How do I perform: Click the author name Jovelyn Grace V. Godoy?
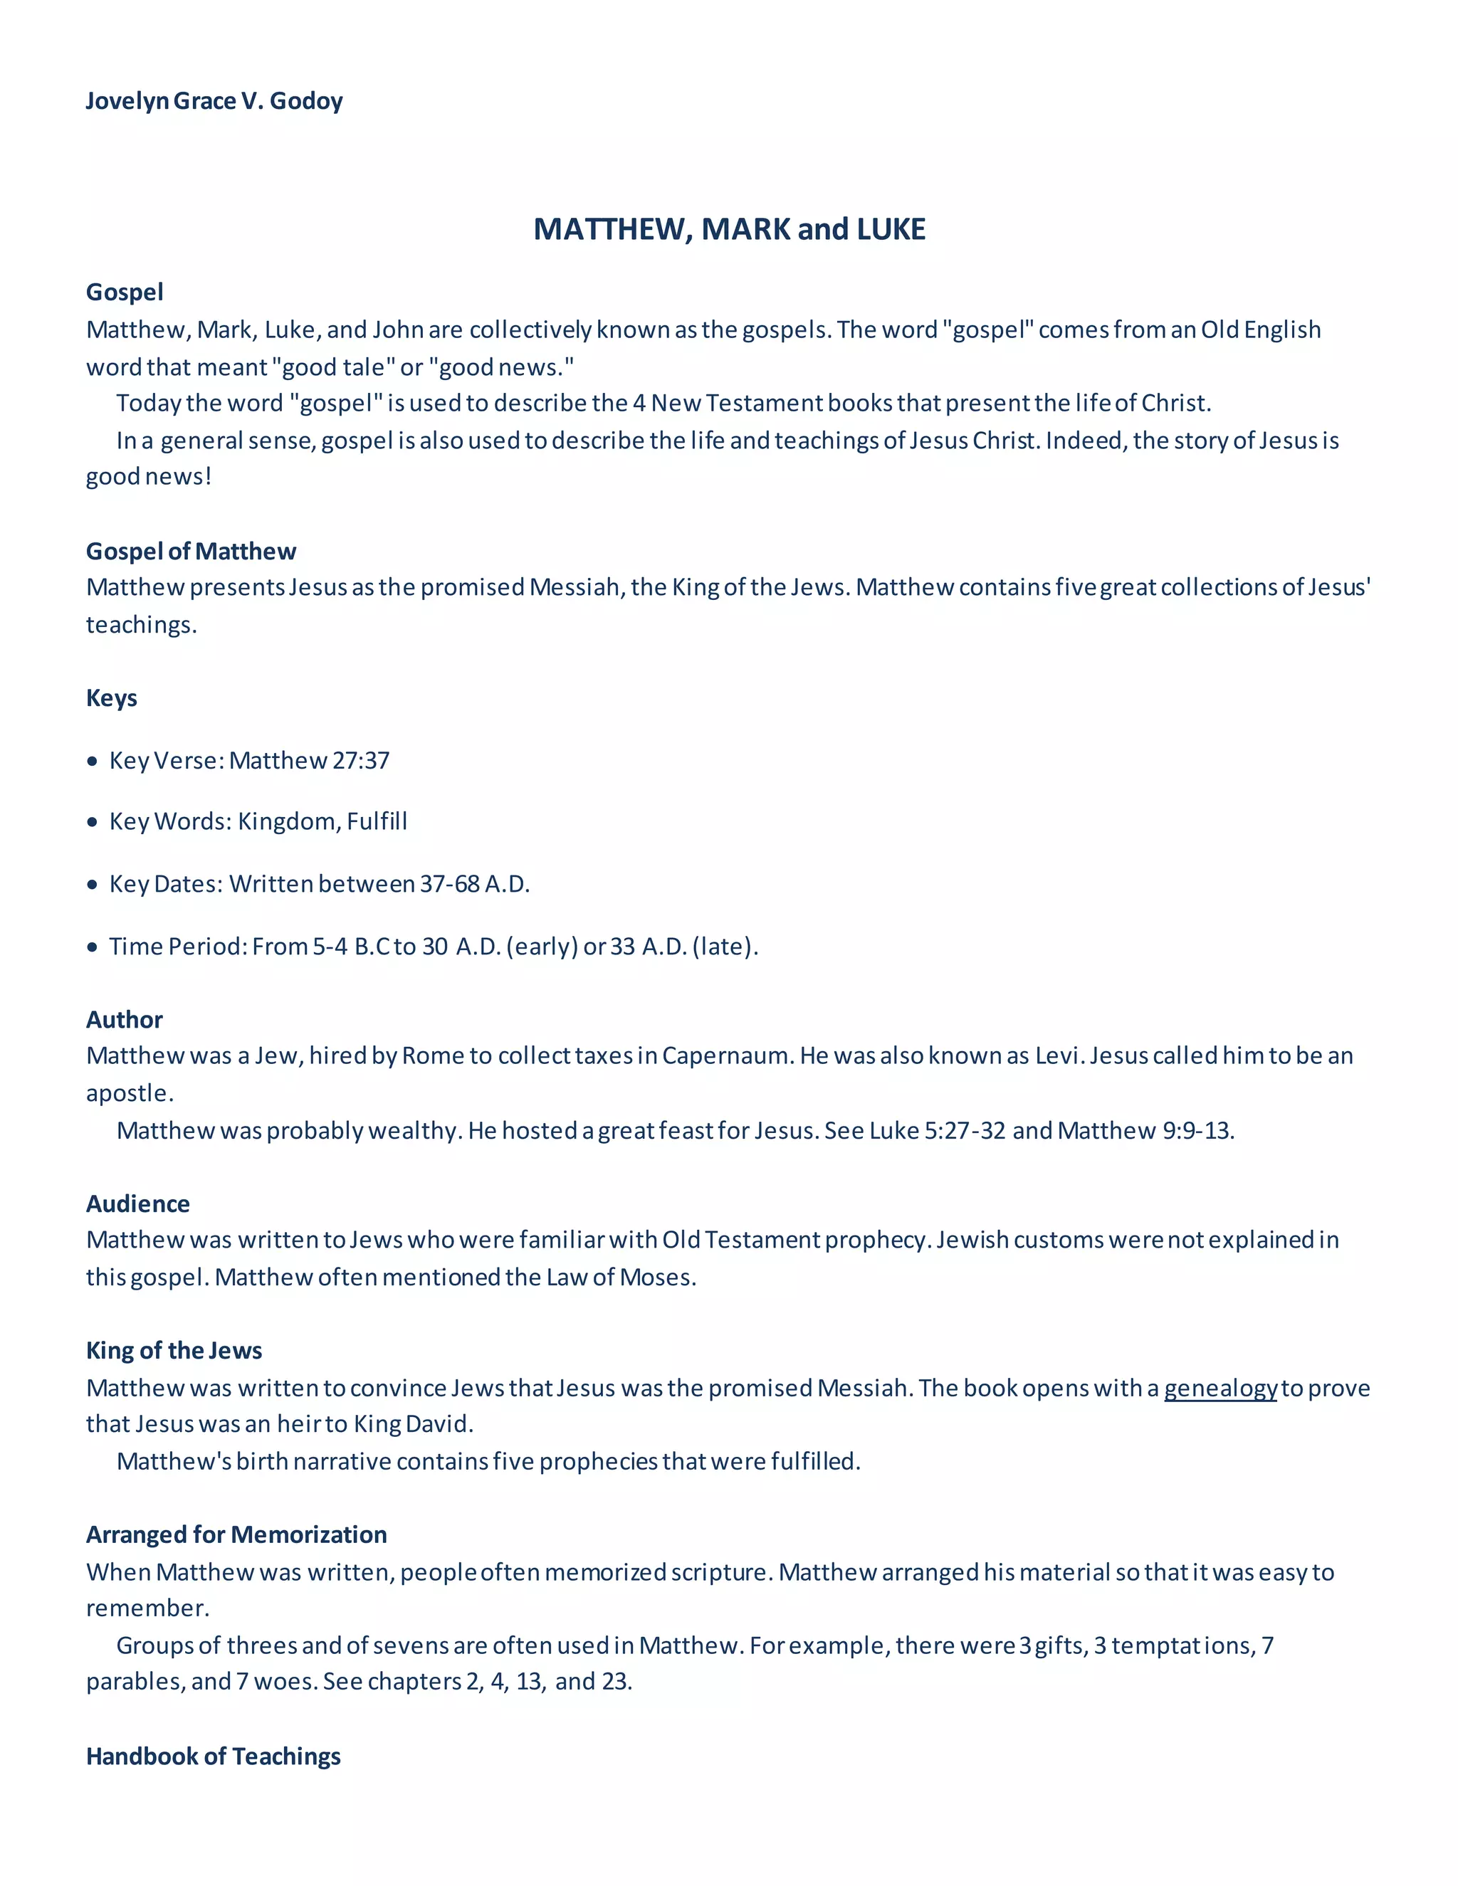pyautogui.click(x=214, y=101)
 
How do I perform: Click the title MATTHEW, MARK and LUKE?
pyautogui.click(x=729, y=229)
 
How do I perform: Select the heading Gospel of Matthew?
pyautogui.click(x=191, y=551)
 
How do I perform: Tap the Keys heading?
pyautogui.click(x=112, y=697)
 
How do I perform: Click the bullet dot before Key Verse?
pyautogui.click(x=93, y=762)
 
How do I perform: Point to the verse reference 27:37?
pyautogui.click(x=361, y=761)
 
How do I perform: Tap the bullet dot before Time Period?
pyautogui.click(x=93, y=947)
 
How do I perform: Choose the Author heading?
pyautogui.click(x=125, y=1020)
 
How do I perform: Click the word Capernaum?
pyautogui.click(x=725, y=1056)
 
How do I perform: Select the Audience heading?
pyautogui.click(x=138, y=1203)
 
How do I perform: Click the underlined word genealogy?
pyautogui.click(x=1220, y=1389)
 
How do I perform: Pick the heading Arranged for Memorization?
pyautogui.click(x=236, y=1534)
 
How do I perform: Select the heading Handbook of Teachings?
pyautogui.click(x=214, y=1756)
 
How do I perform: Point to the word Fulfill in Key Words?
pyautogui.click(x=377, y=821)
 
